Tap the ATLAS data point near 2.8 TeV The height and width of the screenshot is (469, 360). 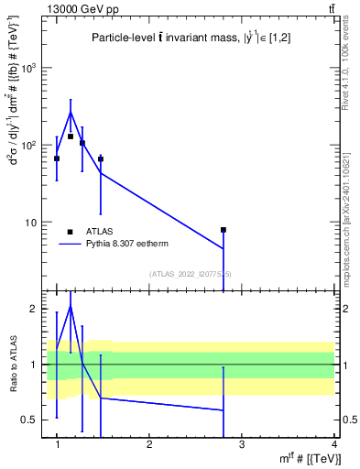[x=223, y=230]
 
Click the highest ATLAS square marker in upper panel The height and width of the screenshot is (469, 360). [x=71, y=136]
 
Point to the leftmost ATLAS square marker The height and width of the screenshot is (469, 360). [x=57, y=158]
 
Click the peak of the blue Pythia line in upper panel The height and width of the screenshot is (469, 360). [x=71, y=113]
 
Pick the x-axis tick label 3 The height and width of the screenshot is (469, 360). [x=242, y=443]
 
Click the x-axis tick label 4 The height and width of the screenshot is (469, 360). [x=333, y=443]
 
